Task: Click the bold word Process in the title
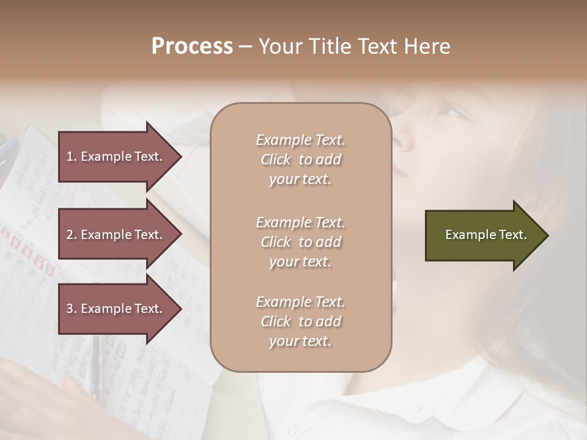point(192,46)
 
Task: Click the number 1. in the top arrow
point(71,156)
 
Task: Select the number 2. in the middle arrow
point(71,235)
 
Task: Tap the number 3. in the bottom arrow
point(71,309)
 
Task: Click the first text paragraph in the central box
point(300,159)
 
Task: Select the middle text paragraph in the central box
point(300,242)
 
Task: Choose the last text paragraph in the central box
point(300,321)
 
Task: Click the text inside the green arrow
point(485,235)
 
